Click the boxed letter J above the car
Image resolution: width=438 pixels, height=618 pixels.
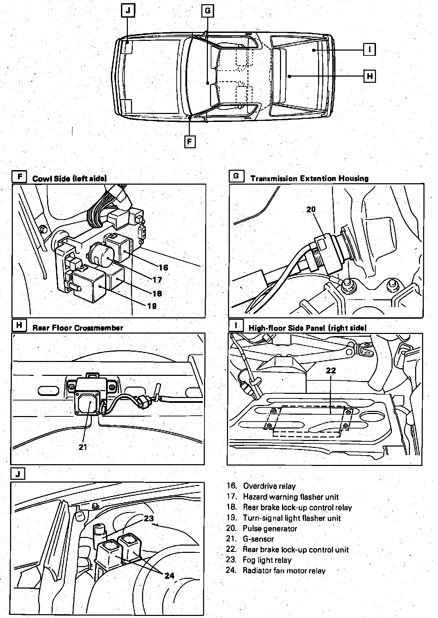tap(128, 10)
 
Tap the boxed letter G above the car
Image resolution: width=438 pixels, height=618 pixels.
tap(207, 11)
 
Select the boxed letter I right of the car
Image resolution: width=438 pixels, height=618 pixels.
tap(369, 50)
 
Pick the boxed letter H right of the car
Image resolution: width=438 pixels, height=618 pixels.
tap(370, 76)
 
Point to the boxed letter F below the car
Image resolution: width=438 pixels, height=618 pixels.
tap(190, 142)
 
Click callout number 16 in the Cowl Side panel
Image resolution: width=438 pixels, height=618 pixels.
tap(163, 267)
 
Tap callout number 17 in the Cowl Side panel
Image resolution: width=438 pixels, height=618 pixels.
tap(157, 280)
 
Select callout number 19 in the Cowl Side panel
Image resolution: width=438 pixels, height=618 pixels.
tap(152, 306)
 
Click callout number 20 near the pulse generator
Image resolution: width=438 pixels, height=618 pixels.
tap(311, 209)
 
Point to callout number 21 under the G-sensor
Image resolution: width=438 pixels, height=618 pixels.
tap(83, 447)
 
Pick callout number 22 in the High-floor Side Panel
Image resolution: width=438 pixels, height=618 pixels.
tap(331, 370)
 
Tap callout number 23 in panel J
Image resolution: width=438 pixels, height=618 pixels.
tap(149, 519)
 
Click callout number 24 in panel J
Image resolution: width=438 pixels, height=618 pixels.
tap(169, 575)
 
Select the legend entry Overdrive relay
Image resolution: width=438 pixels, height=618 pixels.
tap(269, 486)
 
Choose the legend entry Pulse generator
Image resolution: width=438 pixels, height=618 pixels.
tap(270, 529)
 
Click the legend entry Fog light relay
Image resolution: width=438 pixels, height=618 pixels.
tap(267, 560)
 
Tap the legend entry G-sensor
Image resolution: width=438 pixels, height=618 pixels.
tap(258, 539)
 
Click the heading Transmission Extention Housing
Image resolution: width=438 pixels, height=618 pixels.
tap(309, 179)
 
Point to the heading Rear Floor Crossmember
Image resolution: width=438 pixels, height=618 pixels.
tap(78, 328)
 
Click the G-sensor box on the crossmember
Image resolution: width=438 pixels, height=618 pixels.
tap(88, 397)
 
